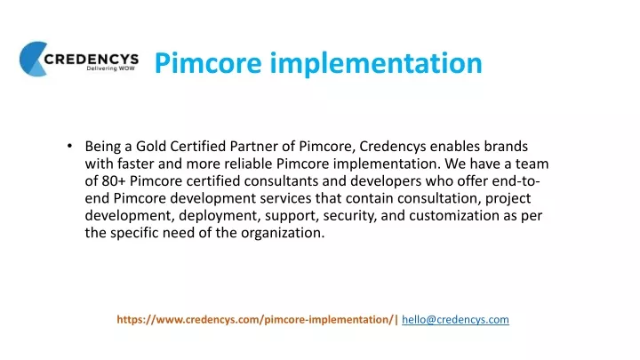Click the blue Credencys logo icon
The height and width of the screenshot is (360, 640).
click(33, 59)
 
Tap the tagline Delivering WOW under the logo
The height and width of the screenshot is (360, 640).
click(110, 68)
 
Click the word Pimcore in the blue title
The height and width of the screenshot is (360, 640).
click(208, 63)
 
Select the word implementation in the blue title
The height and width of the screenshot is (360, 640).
click(376, 63)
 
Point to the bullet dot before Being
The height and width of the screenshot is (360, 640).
click(70, 145)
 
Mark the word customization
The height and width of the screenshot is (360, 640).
click(454, 215)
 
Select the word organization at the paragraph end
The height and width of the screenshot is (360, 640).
click(283, 233)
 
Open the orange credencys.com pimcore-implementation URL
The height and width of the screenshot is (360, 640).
click(255, 320)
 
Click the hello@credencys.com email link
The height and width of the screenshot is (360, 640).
click(455, 320)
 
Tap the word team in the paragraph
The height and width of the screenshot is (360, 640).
click(532, 164)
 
